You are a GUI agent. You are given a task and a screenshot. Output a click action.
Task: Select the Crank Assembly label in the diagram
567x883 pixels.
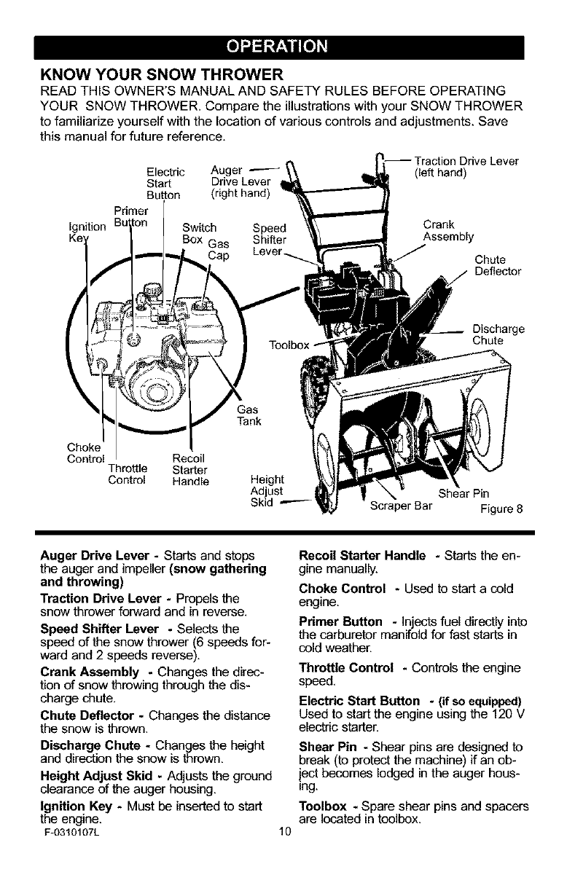pos(447,230)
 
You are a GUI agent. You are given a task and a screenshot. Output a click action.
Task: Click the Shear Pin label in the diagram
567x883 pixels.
pos(461,492)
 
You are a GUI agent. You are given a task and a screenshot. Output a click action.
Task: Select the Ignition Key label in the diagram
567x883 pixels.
pos(78,229)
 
